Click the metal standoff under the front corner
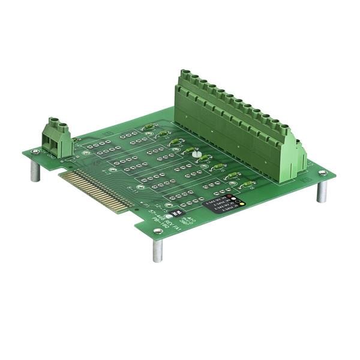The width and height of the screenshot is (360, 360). pos(157,250)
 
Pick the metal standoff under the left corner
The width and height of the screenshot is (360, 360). pos(35,171)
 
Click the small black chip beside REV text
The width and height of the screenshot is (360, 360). pos(178,212)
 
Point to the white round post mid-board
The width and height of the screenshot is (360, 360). pos(196,154)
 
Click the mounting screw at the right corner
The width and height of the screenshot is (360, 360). pos(323,173)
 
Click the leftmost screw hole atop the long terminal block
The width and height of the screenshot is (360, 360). pos(186,74)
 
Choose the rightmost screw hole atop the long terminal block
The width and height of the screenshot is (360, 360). pos(284,128)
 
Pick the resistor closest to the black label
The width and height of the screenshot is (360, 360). pos(246,184)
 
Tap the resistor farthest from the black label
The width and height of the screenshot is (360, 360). pos(148,127)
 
